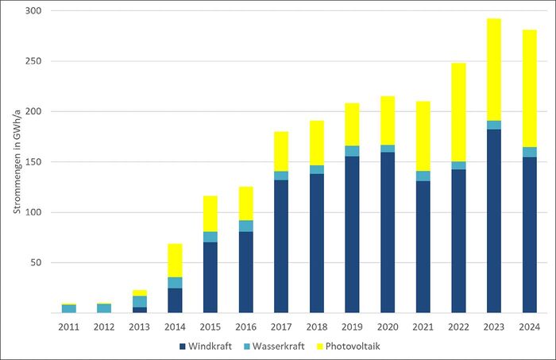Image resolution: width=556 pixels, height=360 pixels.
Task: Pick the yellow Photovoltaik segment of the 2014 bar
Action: click(175, 261)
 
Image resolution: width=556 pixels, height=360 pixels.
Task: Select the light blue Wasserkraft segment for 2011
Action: click(69, 308)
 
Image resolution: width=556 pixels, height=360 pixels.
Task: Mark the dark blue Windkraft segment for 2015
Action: click(210, 277)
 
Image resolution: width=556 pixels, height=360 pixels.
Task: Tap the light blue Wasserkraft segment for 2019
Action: click(352, 151)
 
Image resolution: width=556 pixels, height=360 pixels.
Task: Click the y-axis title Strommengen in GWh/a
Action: click(16, 163)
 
